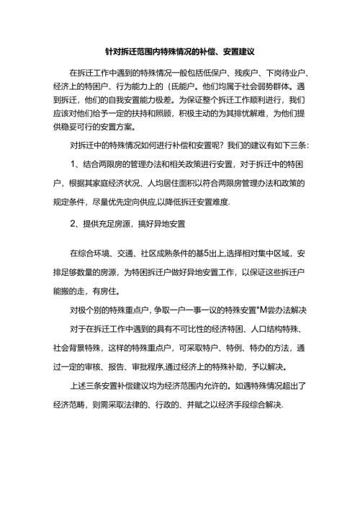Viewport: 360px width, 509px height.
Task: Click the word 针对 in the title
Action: pyautogui.click(x=111, y=53)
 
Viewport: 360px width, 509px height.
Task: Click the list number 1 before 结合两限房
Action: pyautogui.click(x=73, y=163)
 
